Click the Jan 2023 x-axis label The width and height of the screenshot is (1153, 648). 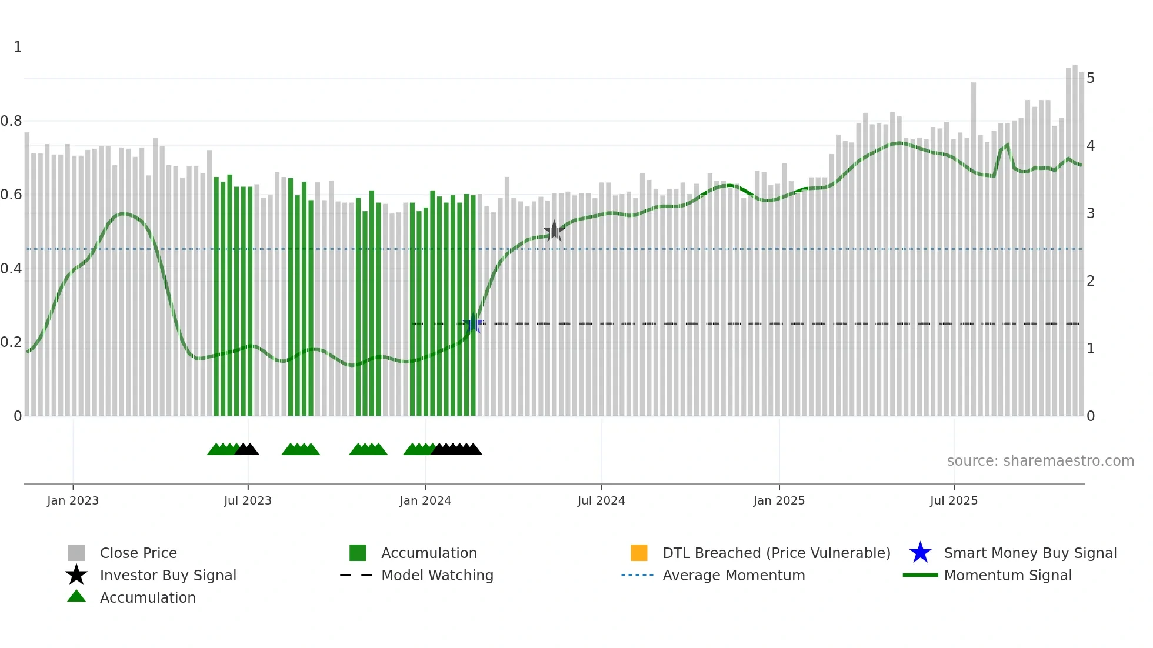pos(73,500)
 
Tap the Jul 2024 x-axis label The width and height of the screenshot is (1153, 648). pos(601,500)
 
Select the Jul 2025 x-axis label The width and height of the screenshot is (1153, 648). pos(954,500)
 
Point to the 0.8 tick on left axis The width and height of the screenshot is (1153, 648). pos(12,121)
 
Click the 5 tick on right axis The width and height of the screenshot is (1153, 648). pos(1091,78)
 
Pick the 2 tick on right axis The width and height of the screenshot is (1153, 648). pos(1091,281)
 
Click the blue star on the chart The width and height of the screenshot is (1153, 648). pos(473,323)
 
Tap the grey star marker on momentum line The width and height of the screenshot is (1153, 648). pos(554,231)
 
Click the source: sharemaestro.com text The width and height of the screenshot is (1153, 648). pos(1040,461)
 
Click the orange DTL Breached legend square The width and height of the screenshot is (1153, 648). pos(639,553)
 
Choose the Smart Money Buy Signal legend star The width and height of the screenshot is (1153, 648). pos(920,553)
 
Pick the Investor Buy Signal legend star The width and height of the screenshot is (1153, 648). pos(76,575)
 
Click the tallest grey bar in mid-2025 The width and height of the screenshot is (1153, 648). pos(974,247)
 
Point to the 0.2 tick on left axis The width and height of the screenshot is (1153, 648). pos(12,342)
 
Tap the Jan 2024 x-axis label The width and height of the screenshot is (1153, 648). pos(425,500)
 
